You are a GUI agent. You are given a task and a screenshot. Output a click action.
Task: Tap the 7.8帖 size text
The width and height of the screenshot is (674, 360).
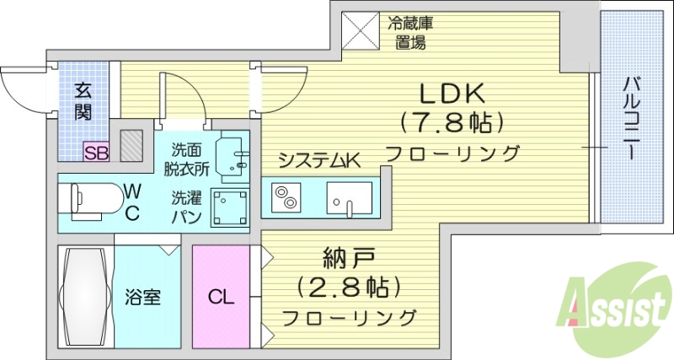pyautogui.click(x=452, y=123)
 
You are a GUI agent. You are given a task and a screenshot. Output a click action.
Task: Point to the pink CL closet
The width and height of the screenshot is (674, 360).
pyautogui.click(x=221, y=297)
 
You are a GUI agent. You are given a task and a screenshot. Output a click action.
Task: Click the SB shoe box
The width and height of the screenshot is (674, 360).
pyautogui.click(x=95, y=153)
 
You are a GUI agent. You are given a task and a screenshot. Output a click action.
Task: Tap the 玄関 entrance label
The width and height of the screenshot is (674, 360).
pyautogui.click(x=82, y=100)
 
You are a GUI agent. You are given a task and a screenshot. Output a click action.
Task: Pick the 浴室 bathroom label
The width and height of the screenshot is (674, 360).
pyautogui.click(x=142, y=298)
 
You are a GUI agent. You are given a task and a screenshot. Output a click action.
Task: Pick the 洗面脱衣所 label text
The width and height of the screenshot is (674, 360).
pyautogui.click(x=187, y=159)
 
